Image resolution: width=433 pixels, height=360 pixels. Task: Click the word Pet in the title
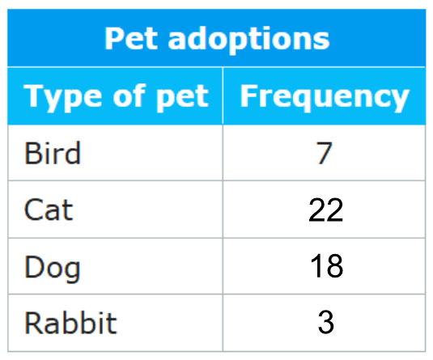pos(131,38)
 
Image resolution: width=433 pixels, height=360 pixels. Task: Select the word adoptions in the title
pos(248,40)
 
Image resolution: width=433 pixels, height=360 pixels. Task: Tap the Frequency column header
pos(325,97)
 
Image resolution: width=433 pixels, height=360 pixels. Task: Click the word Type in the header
pos(63,97)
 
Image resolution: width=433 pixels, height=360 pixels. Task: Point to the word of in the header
pos(129,95)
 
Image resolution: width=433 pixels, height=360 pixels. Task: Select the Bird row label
pos(53,153)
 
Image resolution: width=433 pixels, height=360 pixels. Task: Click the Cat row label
pos(49,210)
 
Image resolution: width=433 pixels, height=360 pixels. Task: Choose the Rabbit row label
pos(70,323)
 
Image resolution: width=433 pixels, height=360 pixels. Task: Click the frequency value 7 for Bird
pos(324,153)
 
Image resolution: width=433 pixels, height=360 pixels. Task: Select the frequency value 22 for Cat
pos(325,210)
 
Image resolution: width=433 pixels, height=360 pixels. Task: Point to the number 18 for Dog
pos(326,266)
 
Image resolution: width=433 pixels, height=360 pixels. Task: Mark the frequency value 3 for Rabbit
pos(326,322)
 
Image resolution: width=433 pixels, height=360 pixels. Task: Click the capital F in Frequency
pos(249,95)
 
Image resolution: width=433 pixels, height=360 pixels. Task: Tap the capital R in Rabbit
pos(34,323)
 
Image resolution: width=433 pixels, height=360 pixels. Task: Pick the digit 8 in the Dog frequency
pos(335,266)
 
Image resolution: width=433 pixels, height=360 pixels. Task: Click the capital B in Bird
pos(33,153)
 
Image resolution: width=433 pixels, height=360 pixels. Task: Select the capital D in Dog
pos(34,266)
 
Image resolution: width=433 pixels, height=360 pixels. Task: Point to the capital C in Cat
pos(34,210)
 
